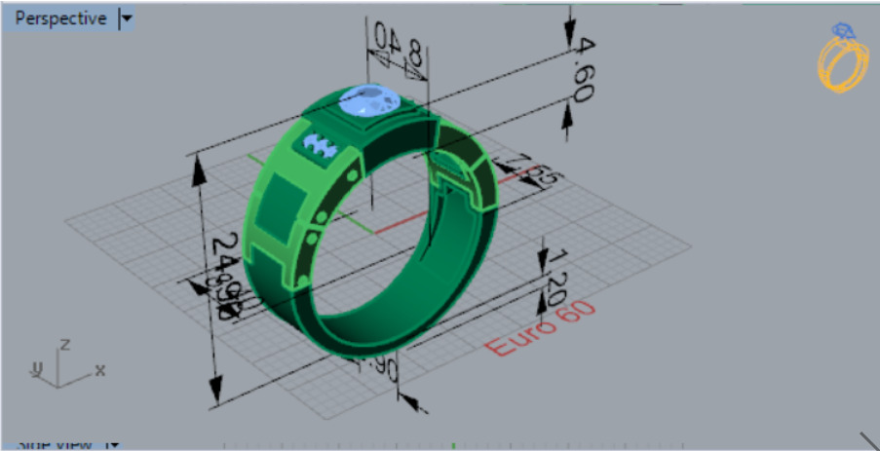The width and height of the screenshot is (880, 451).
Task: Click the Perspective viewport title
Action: pyautogui.click(x=59, y=19)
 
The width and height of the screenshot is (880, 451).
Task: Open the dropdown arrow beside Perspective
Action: pyautogui.click(x=127, y=19)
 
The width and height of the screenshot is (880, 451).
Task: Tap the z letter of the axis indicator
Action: pyautogui.click(x=63, y=345)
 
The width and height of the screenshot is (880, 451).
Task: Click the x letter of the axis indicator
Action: pyautogui.click(x=99, y=370)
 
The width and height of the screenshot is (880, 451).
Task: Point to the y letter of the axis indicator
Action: pyautogui.click(x=36, y=369)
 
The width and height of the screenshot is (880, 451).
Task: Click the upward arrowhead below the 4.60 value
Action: pyautogui.click(x=569, y=120)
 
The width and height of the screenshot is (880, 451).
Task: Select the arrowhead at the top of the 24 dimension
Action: pyautogui.click(x=200, y=168)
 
